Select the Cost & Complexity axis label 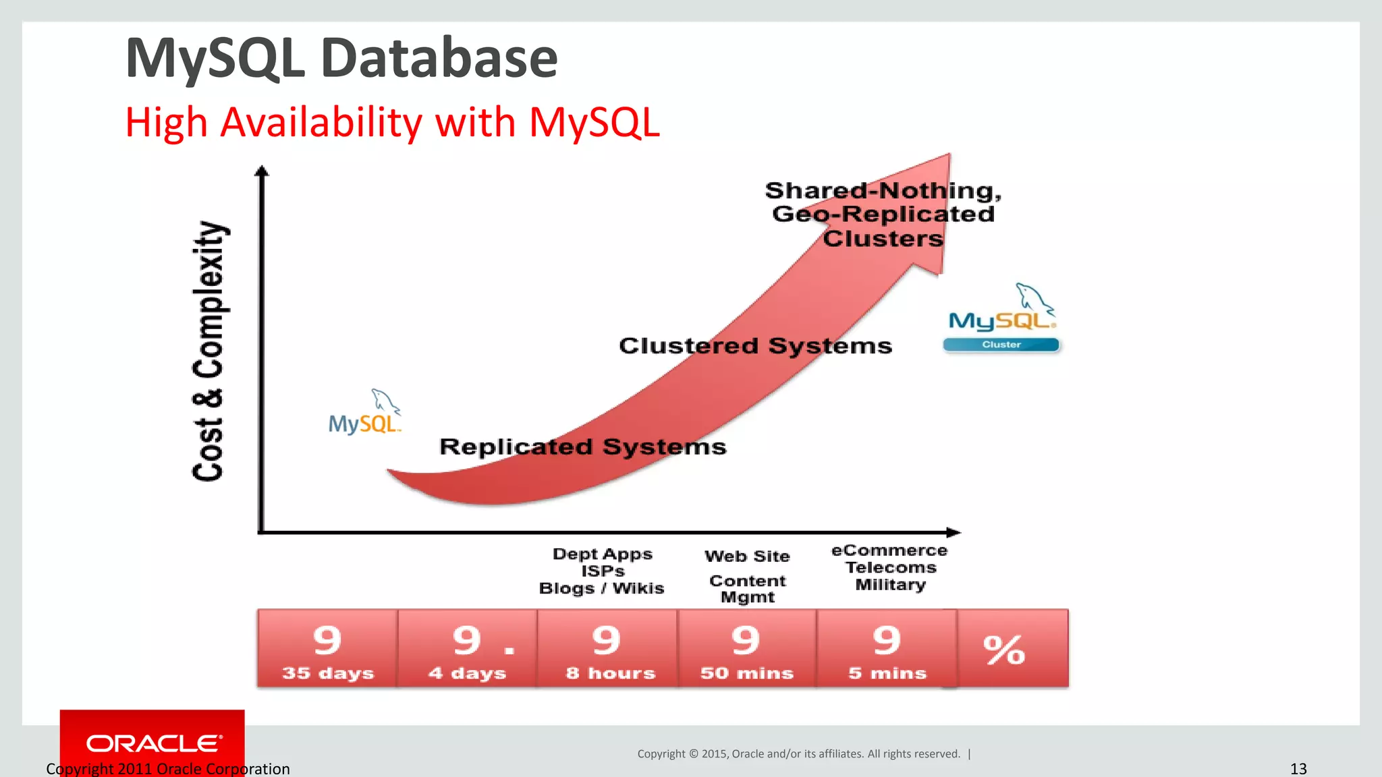tap(209, 351)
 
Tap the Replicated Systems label tap(583, 447)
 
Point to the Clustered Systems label tap(755, 346)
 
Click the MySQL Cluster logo tap(1002, 320)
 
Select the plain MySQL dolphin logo tap(364, 413)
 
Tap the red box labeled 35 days tap(327, 648)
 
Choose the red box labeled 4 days tap(467, 648)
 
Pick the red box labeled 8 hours tap(607, 648)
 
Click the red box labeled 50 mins tap(747, 648)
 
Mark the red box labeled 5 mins tap(887, 648)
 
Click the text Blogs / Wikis tap(601, 588)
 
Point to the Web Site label tap(747, 556)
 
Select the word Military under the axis tap(890, 585)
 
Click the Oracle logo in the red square tap(154, 743)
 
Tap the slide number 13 tap(1298, 769)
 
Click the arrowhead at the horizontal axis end tap(953, 533)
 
